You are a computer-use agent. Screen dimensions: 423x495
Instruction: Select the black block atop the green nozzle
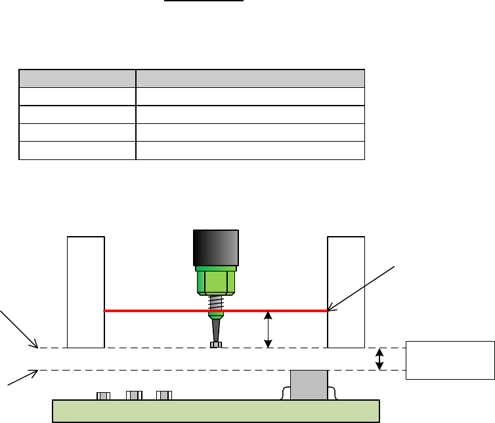point(215,248)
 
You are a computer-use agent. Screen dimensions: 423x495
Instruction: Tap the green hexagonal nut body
point(215,282)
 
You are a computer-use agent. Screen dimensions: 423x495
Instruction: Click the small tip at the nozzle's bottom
point(215,345)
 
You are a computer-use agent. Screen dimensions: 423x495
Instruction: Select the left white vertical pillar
point(86,292)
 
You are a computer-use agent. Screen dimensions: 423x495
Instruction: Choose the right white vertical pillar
point(346,292)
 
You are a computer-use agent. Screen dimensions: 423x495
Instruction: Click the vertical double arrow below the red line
point(267,329)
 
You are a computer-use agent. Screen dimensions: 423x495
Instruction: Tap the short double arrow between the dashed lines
point(379,359)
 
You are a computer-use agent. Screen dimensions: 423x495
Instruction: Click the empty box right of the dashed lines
point(450,360)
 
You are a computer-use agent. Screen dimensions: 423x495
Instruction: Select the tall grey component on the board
point(309,385)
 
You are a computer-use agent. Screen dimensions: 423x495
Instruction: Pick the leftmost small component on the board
point(102,395)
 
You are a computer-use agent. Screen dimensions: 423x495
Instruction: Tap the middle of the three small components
point(133,395)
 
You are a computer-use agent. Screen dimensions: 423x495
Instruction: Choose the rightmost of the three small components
point(164,395)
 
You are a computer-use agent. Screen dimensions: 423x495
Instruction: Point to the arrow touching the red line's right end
point(362,287)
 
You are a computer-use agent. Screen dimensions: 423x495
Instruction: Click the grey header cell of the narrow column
point(77,78)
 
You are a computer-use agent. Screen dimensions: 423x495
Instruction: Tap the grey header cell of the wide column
point(250,78)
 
